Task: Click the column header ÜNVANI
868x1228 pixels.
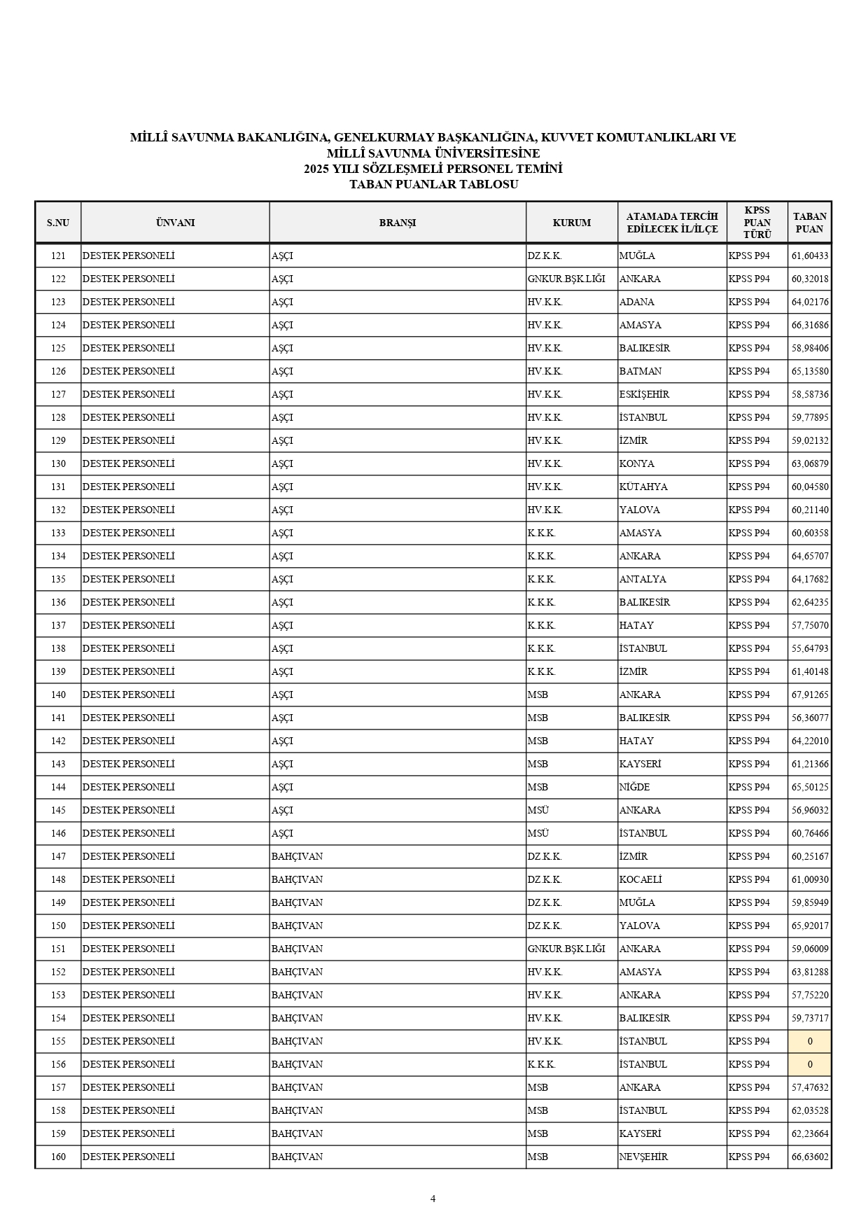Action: point(175,223)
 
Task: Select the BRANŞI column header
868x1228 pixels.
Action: point(397,223)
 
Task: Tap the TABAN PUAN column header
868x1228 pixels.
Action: point(809,223)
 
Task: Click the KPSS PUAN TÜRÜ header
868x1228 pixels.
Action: point(757,223)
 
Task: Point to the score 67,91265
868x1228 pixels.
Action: point(810,695)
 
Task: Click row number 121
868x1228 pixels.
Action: point(58,256)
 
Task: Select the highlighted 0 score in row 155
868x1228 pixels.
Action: point(810,1041)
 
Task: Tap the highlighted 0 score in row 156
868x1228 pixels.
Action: point(810,1064)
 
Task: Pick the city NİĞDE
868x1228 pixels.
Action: point(634,787)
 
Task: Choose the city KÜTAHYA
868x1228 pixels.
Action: point(643,487)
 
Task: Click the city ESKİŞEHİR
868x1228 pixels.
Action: point(644,394)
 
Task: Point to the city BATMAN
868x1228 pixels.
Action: point(640,371)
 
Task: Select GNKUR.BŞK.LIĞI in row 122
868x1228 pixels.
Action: point(566,279)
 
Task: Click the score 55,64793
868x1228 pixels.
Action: point(810,648)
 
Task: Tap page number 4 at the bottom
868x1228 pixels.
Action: point(433,1198)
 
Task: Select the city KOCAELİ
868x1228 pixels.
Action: point(640,879)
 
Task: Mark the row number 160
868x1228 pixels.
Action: point(58,1157)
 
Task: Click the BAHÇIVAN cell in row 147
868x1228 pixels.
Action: point(297,856)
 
